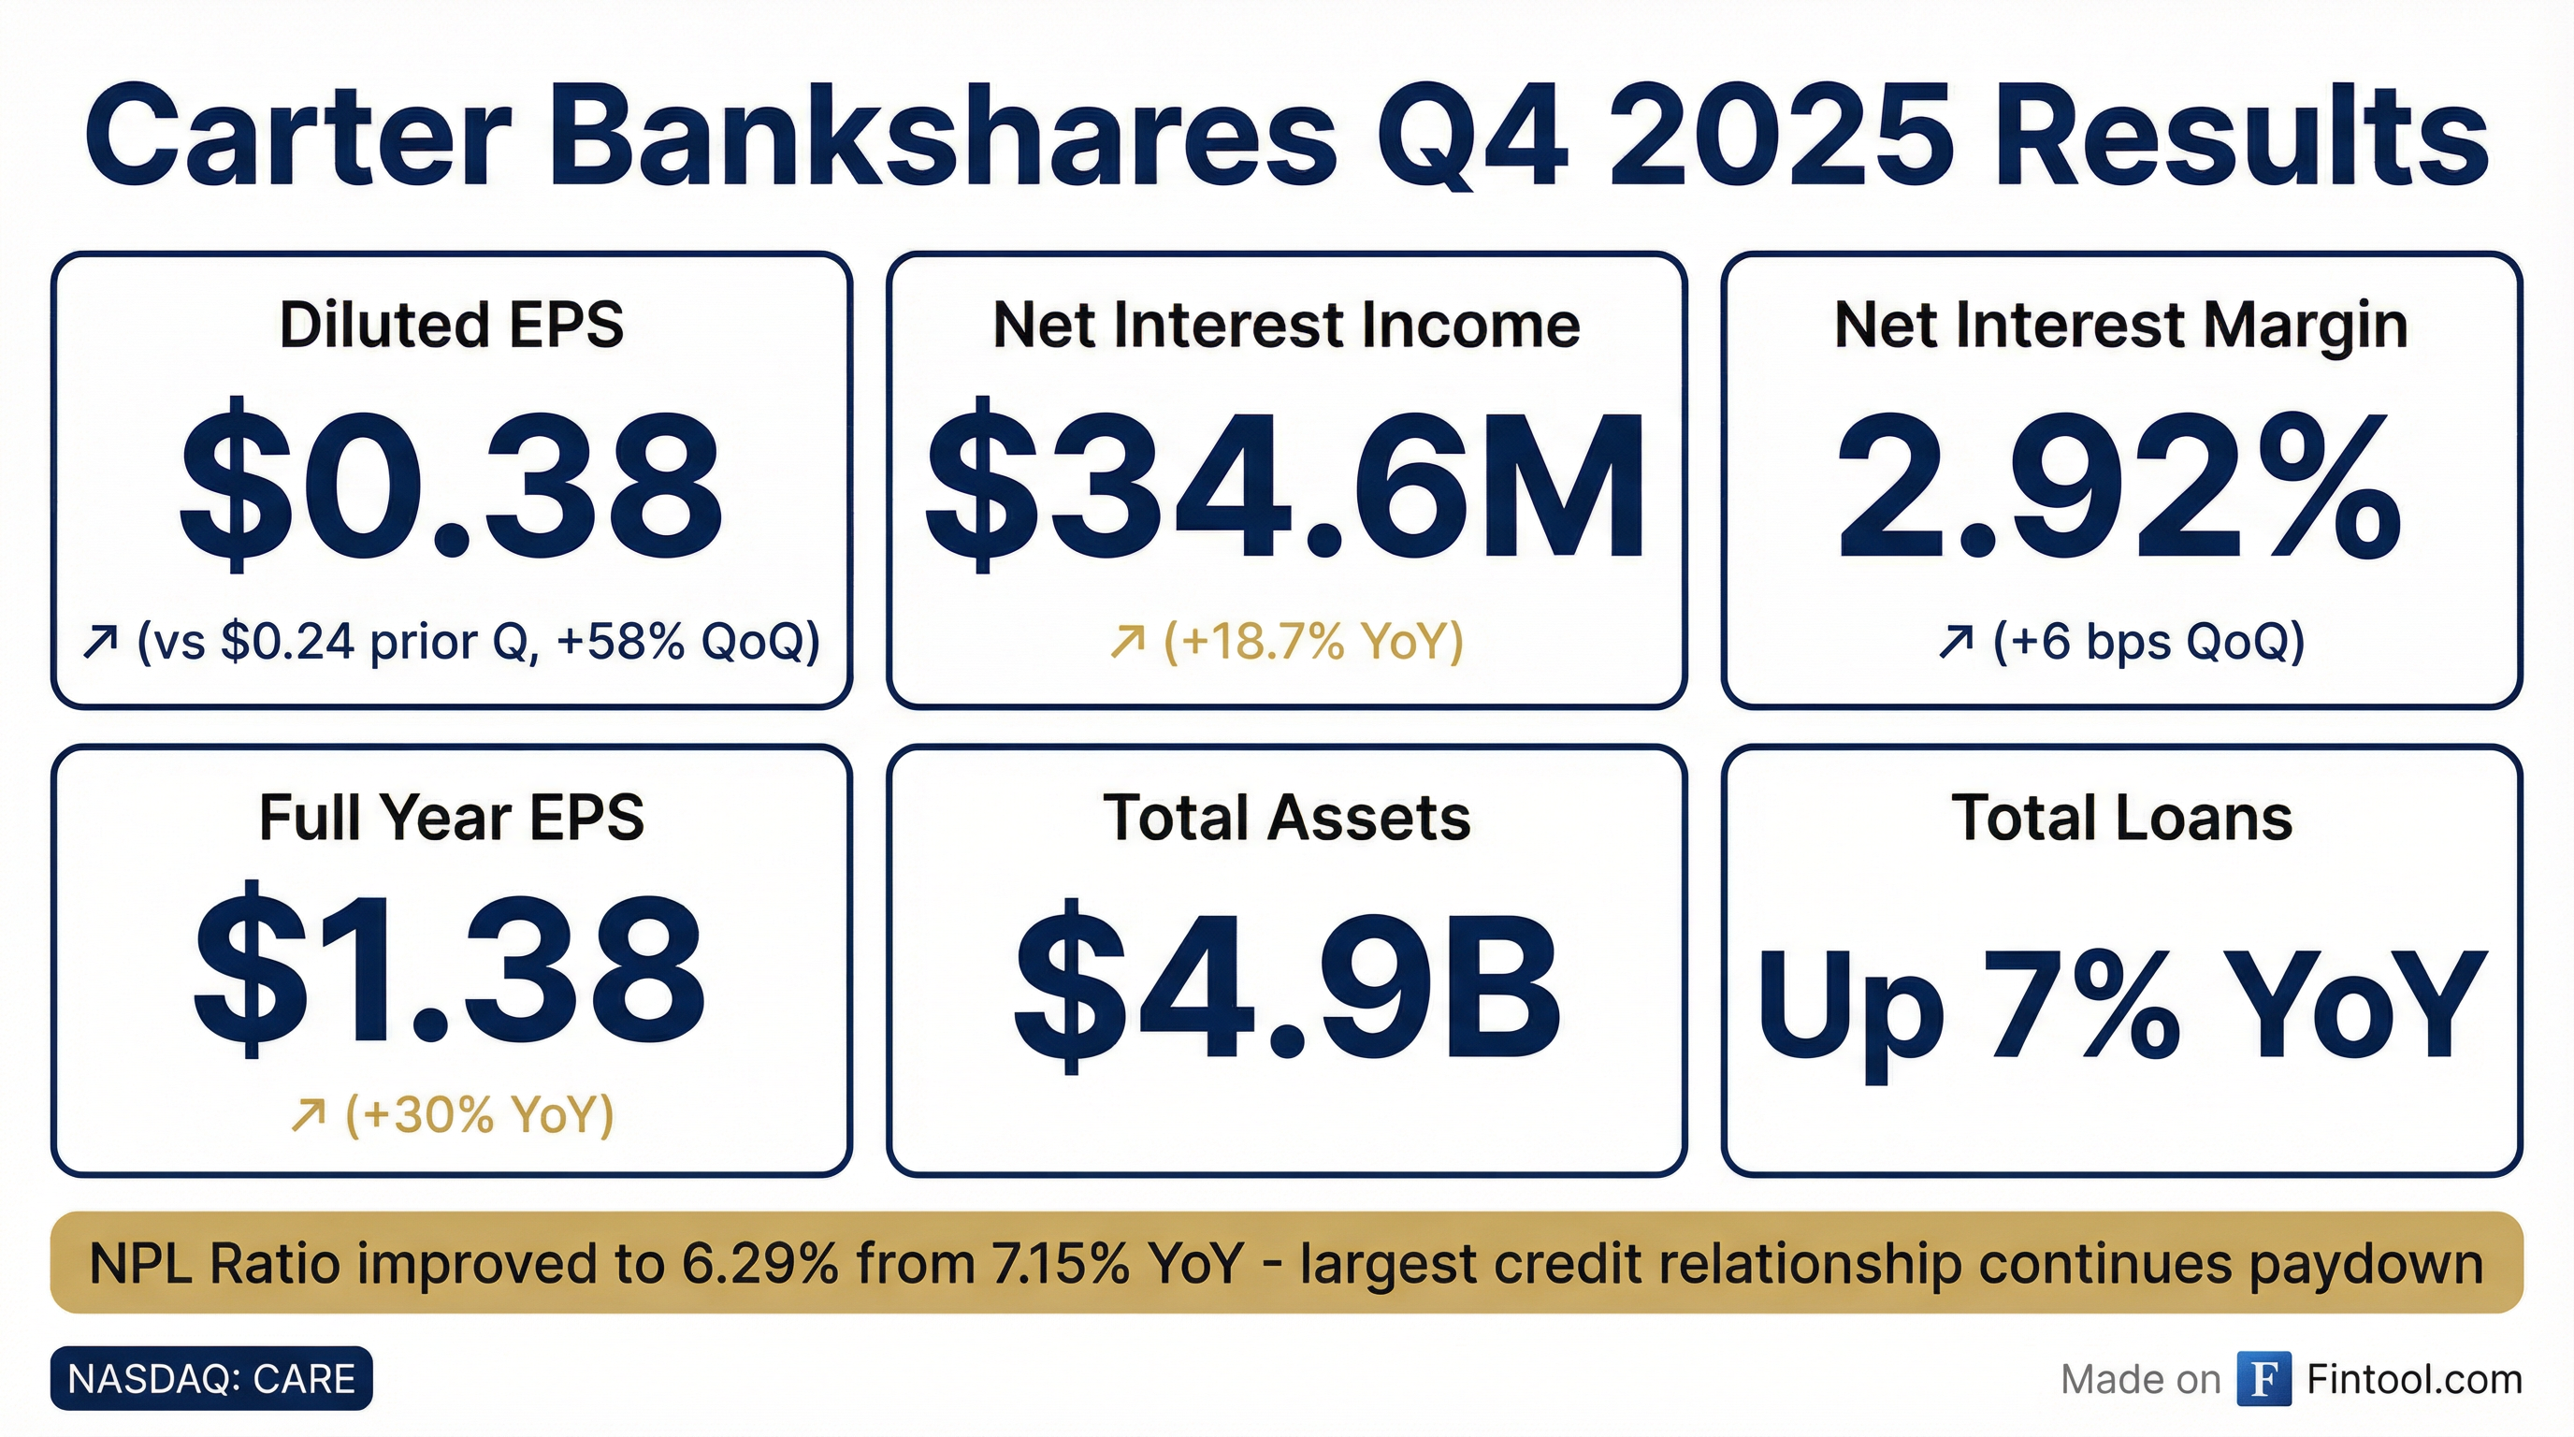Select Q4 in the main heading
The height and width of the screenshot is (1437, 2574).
(x=1473, y=138)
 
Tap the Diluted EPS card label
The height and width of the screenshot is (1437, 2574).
(x=452, y=325)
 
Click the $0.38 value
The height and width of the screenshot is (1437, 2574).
(x=451, y=485)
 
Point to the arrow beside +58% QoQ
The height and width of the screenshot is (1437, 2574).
(x=101, y=642)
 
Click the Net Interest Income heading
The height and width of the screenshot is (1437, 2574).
(x=1286, y=325)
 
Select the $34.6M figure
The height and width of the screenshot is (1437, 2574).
(x=1286, y=485)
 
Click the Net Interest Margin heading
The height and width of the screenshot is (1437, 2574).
(x=2120, y=327)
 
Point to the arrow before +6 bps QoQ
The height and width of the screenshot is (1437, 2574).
(x=1956, y=642)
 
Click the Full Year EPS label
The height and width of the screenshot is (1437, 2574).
(x=452, y=818)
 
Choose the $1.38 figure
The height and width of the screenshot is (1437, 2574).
(x=451, y=970)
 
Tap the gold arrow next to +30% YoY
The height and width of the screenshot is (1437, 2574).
(x=308, y=1115)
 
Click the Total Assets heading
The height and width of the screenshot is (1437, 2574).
(x=1286, y=818)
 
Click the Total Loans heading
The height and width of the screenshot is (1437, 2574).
(x=2121, y=818)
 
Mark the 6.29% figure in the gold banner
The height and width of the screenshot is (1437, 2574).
(x=759, y=1263)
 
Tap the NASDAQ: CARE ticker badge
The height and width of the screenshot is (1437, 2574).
(x=211, y=1379)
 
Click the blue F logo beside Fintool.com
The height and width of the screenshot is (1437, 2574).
(x=2264, y=1379)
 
